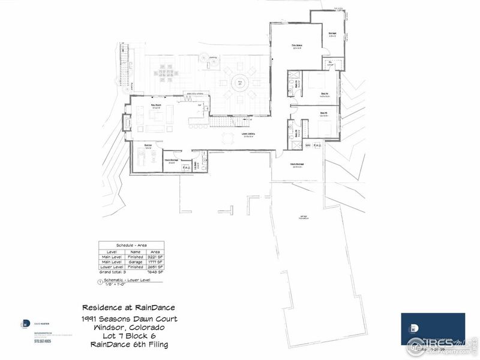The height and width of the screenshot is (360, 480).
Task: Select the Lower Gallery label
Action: pyautogui.click(x=250, y=134)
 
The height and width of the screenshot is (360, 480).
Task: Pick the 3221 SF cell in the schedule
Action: pyautogui.click(x=156, y=256)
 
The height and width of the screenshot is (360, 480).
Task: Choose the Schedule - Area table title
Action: pyautogui.click(x=132, y=245)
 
